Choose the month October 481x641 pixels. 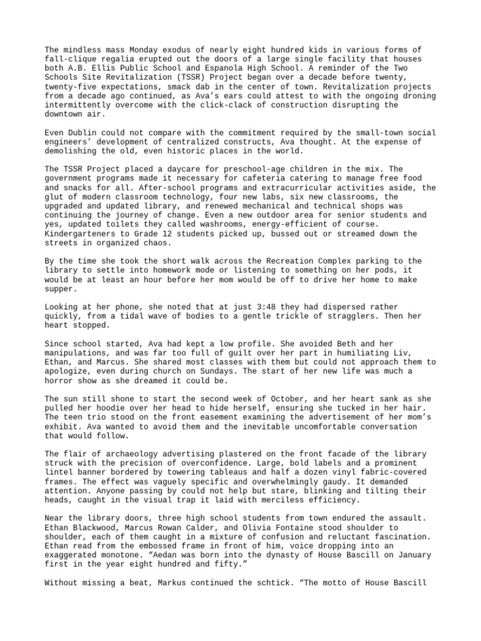269,398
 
